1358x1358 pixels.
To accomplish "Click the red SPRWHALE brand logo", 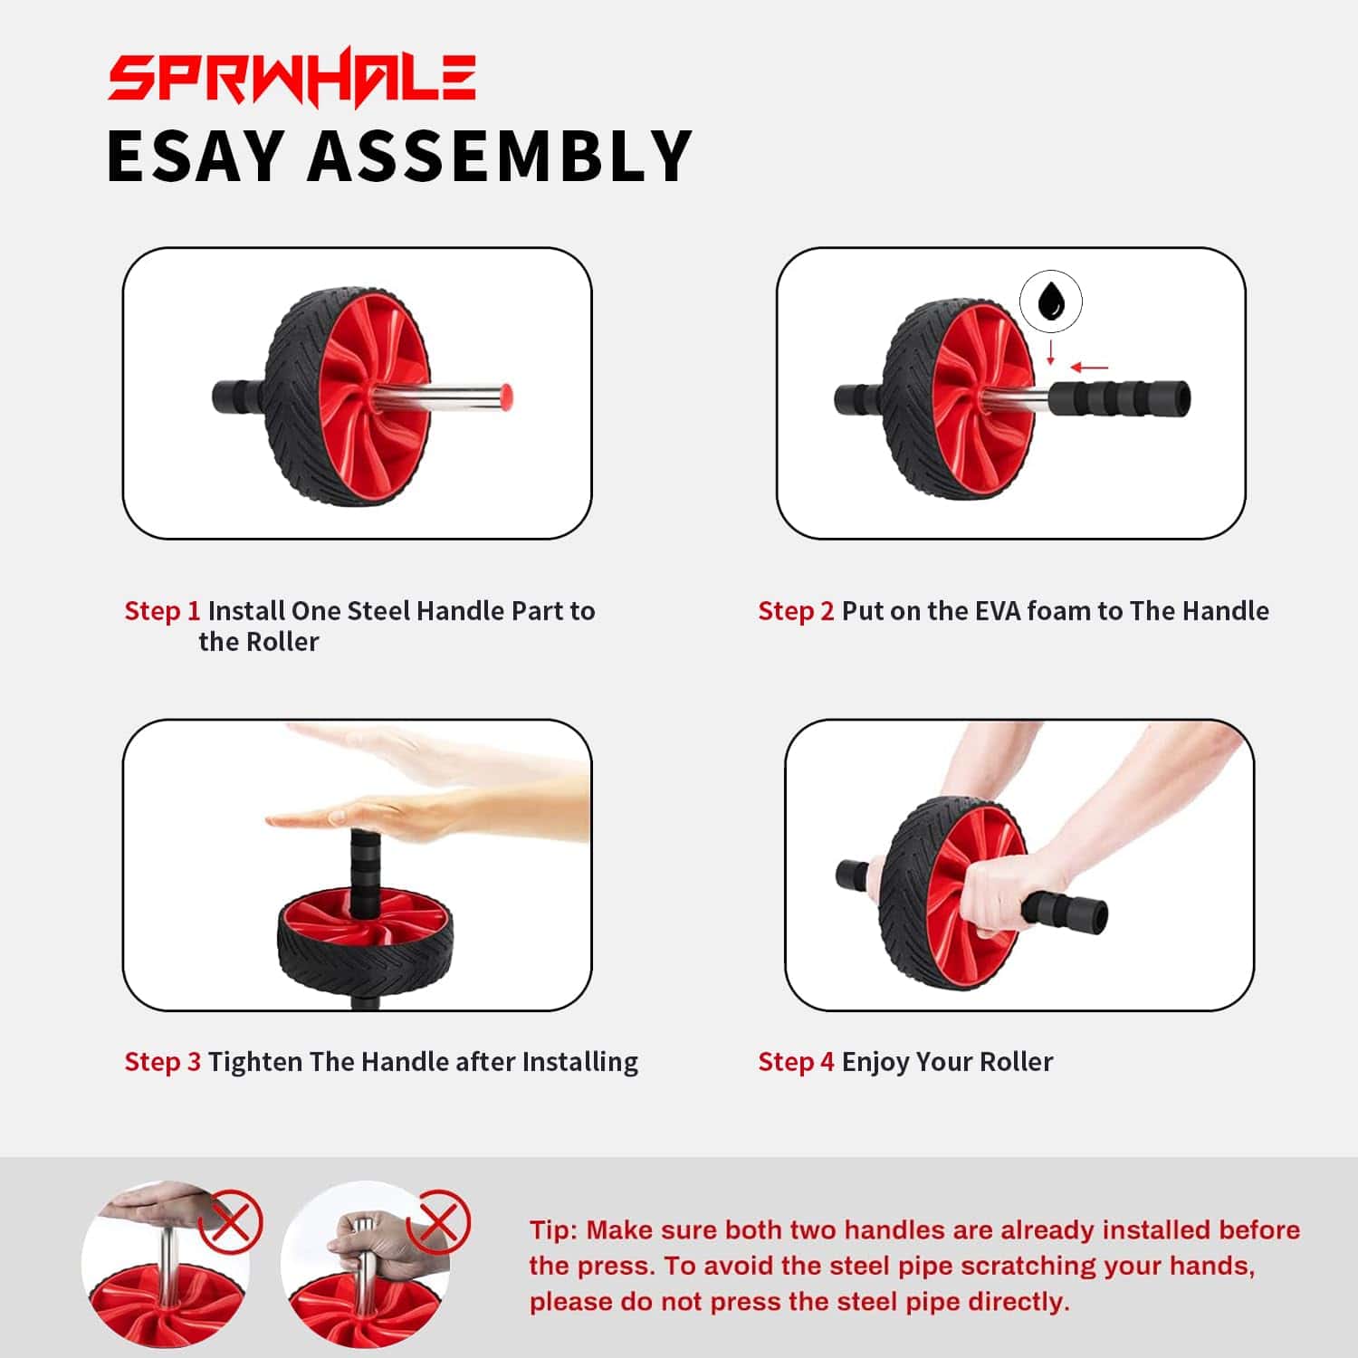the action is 292,78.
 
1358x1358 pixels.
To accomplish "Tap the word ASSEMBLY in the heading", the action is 500,156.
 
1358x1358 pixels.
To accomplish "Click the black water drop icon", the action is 1051,301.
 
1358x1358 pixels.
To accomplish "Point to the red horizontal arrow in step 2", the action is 1089,368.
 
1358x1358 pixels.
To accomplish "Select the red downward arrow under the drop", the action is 1051,351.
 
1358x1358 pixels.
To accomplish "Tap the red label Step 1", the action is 162,611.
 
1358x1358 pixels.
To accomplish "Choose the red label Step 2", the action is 796,611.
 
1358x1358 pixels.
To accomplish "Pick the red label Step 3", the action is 162,1062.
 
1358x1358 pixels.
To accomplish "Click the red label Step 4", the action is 796,1062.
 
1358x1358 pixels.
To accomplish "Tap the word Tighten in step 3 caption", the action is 255,1062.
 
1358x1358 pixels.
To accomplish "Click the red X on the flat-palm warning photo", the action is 231,1223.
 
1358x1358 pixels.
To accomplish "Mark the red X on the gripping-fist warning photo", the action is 439,1222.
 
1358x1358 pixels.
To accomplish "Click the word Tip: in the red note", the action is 553,1230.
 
